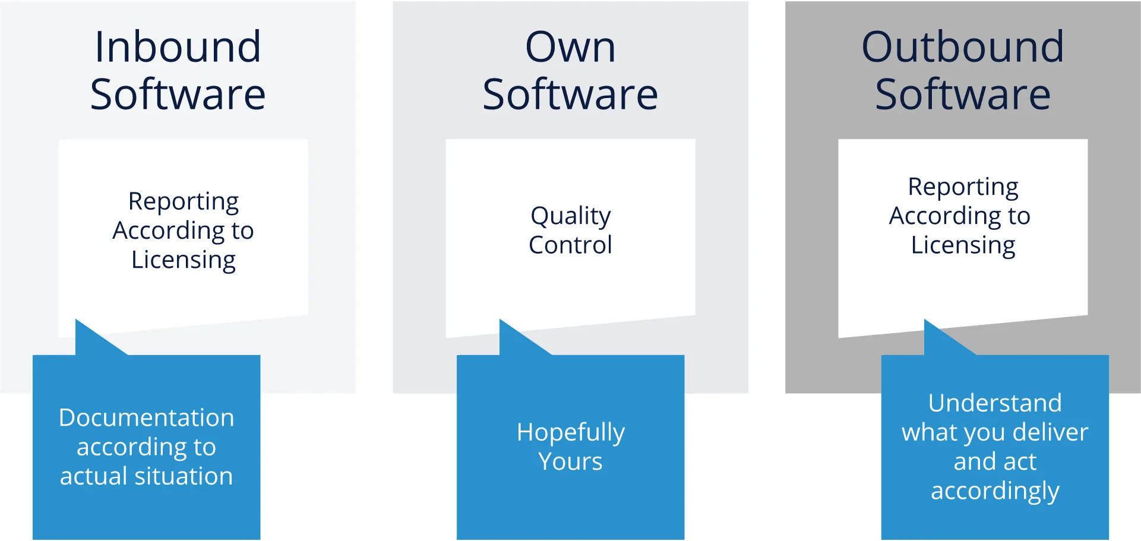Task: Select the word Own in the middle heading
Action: tap(570, 47)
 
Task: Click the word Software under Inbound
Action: tap(178, 94)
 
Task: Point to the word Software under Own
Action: tap(570, 94)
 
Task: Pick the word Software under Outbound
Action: tap(963, 94)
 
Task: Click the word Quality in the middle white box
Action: tap(571, 217)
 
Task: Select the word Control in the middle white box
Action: tap(570, 245)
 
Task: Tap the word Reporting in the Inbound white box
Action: tap(184, 203)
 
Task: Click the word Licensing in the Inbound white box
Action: tap(184, 261)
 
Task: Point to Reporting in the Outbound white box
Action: tap(963, 188)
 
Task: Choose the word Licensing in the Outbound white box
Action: tap(963, 246)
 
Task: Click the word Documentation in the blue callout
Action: tap(146, 417)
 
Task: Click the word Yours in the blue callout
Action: tap(570, 461)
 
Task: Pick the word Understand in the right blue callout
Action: tap(995, 403)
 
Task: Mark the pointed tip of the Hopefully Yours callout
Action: tap(500, 319)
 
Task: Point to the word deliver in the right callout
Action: tap(1051, 432)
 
